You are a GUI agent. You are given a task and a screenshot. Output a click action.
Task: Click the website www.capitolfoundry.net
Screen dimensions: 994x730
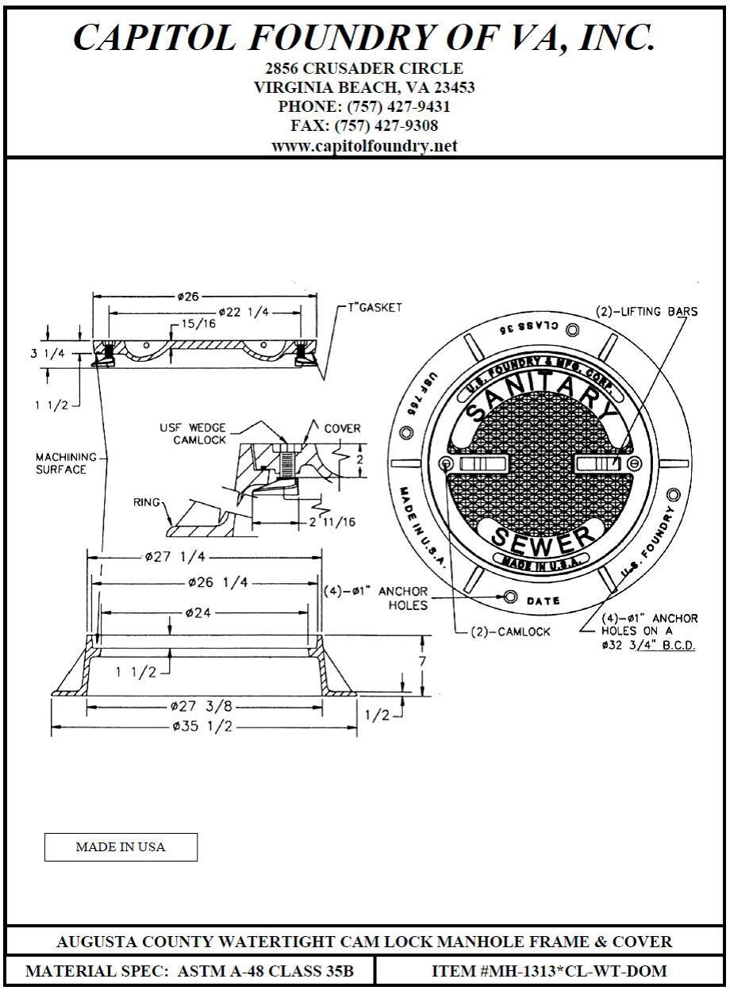pos(364,146)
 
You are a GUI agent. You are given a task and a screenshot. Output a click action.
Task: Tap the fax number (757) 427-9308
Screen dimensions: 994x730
pos(364,125)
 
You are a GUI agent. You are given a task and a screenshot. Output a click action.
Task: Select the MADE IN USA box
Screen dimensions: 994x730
pos(121,846)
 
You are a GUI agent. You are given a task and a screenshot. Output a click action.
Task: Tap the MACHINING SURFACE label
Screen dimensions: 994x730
pos(66,463)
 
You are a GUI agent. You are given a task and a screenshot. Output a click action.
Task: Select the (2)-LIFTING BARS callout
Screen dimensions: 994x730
pos(647,312)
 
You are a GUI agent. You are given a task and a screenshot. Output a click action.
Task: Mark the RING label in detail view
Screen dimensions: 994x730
pos(147,502)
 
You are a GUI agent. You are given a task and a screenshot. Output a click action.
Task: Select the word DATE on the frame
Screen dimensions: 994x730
pos(544,601)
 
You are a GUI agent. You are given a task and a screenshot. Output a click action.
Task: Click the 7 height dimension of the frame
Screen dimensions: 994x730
pos(423,661)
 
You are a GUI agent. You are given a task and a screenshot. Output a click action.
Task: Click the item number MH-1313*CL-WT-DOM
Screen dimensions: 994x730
pos(549,970)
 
